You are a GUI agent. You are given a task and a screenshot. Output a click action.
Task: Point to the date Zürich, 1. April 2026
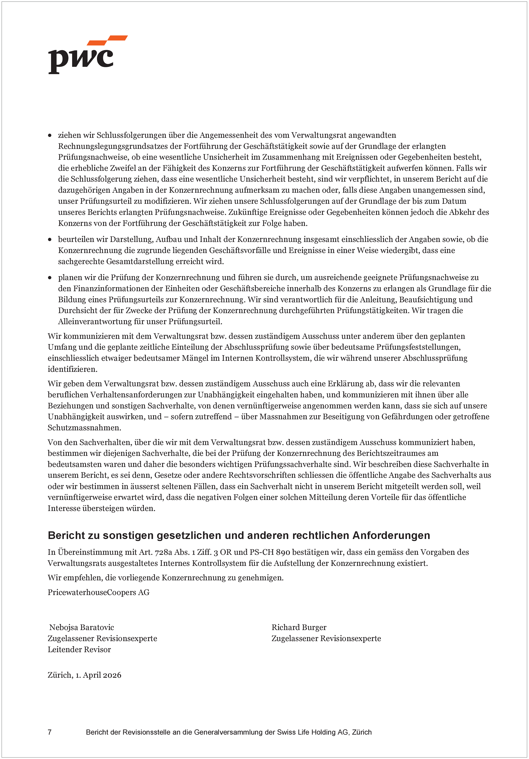[84, 675]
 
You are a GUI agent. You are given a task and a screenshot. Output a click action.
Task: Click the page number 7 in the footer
[50, 732]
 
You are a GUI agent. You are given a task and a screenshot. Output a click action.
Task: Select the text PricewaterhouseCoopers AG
[98, 592]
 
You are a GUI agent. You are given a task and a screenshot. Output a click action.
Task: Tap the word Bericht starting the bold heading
[66, 536]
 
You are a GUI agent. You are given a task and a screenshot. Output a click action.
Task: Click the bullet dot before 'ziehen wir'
[50, 136]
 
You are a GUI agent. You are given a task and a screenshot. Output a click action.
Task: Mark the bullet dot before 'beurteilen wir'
[50, 239]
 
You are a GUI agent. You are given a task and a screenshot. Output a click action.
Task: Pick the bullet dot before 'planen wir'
[50, 278]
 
